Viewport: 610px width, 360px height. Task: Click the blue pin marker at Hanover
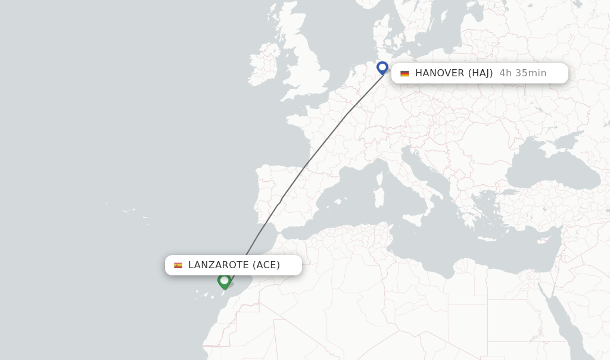[x=382, y=67]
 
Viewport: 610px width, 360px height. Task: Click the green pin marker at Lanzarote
[x=224, y=280]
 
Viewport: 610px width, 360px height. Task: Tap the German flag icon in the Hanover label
[x=404, y=73]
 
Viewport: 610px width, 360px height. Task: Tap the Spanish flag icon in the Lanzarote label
[x=178, y=265]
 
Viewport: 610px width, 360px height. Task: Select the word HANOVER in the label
[x=439, y=73]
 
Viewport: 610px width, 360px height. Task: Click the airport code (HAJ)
[x=480, y=73]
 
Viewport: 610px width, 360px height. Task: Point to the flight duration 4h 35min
[x=522, y=73]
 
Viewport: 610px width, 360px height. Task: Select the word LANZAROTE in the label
[x=218, y=265]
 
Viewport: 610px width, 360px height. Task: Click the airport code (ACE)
[x=266, y=265]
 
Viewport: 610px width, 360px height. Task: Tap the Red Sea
[x=563, y=325]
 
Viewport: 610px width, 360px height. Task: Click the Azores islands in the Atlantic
[x=128, y=211]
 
